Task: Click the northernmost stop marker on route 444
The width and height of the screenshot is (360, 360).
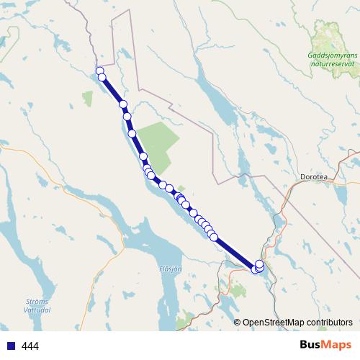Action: pos(99,71)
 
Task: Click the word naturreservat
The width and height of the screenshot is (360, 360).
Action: pos(331,63)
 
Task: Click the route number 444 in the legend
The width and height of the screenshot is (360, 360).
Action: pos(31,346)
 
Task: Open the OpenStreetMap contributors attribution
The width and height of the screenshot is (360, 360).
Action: pos(297,322)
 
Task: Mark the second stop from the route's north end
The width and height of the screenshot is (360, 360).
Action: pos(102,77)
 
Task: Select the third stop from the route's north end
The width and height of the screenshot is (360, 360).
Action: pos(123,105)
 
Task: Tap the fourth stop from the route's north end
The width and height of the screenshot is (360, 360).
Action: pos(127,116)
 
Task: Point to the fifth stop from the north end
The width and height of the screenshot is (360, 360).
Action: pos(132,133)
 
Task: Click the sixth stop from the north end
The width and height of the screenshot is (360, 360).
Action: pos(143,156)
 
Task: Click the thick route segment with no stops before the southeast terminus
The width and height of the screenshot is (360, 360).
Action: pos(234,251)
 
